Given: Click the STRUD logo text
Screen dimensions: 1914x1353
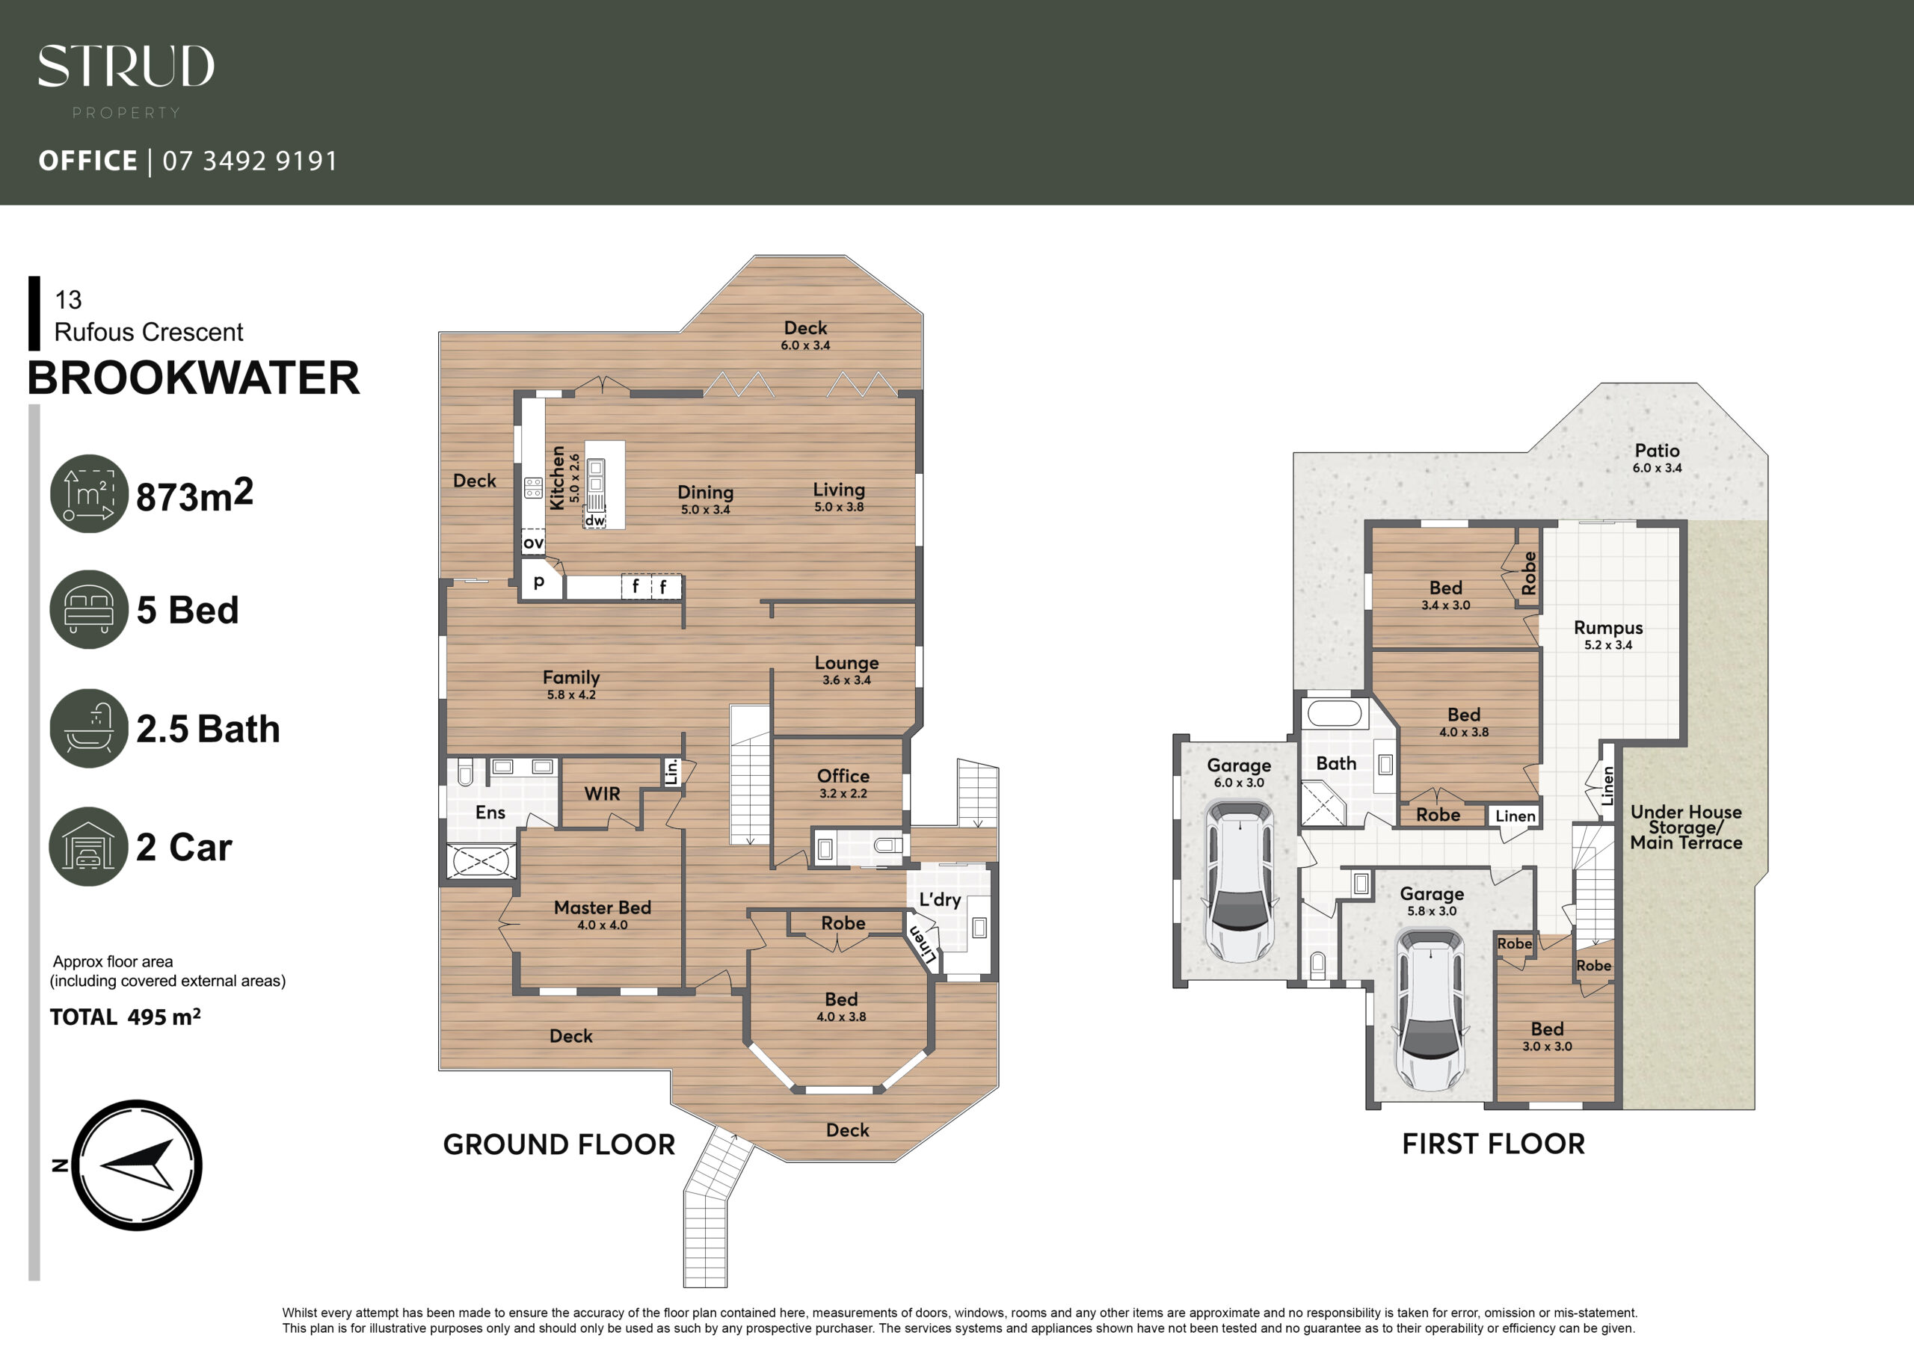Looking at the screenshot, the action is pyautogui.click(x=126, y=66).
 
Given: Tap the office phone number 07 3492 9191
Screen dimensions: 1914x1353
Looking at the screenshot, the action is pyautogui.click(x=250, y=161).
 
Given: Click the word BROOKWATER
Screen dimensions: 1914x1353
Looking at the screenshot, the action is pyautogui.click(x=194, y=377).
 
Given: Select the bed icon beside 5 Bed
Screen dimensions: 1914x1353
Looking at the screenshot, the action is pyautogui.click(x=89, y=609).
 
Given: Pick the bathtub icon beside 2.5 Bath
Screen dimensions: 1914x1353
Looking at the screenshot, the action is pyautogui.click(x=89, y=728).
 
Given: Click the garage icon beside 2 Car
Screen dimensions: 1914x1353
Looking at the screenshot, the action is pyautogui.click(x=89, y=846).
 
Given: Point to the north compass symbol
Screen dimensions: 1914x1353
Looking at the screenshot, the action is pyautogui.click(x=137, y=1165).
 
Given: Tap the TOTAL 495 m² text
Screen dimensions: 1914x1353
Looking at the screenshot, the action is pyautogui.click(x=125, y=1017).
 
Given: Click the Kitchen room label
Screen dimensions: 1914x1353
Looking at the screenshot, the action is pyautogui.click(x=557, y=478).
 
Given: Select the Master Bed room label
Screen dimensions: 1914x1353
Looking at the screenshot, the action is pyautogui.click(x=602, y=907).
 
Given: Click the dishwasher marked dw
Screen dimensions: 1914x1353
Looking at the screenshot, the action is pyautogui.click(x=594, y=520).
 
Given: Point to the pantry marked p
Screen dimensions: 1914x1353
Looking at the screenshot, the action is pyautogui.click(x=539, y=581).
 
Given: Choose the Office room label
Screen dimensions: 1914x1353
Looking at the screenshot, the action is pyautogui.click(x=843, y=776).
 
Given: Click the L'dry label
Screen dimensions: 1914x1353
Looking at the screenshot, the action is pyautogui.click(x=940, y=899).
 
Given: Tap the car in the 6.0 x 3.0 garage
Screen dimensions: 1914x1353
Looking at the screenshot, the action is pyautogui.click(x=1240, y=881).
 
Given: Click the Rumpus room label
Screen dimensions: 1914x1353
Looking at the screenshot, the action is pyautogui.click(x=1608, y=628).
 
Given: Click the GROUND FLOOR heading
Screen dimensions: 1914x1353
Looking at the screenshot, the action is pyautogui.click(x=558, y=1144).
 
